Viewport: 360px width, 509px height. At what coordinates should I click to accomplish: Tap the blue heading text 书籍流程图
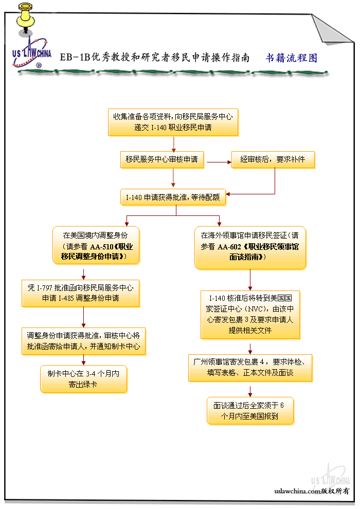pos(291,58)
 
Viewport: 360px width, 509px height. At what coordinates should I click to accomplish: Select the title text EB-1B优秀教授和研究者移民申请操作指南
pos(154,58)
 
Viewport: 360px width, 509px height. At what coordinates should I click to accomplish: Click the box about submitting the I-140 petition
pos(173,122)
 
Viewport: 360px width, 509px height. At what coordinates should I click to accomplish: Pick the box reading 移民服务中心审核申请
pos(161,159)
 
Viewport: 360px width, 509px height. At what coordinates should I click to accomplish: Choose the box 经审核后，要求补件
pos(273,159)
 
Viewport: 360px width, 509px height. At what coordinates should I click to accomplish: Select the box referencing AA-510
pos(96,245)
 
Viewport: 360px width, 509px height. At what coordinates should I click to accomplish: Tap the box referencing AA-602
pos(250,247)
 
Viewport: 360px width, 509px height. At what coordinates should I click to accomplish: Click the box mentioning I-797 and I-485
pos(80,293)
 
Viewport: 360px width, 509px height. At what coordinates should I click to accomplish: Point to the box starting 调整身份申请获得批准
pos(83,341)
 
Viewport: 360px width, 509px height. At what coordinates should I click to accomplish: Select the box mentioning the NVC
pos(250,314)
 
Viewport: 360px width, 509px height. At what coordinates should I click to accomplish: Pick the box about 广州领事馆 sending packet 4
pos(250,367)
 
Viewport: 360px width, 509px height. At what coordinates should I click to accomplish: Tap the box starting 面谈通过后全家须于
pos(250,410)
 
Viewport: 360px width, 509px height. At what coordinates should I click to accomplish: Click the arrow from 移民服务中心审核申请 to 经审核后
pos(218,162)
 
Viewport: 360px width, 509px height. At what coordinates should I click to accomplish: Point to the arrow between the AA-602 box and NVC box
pos(250,280)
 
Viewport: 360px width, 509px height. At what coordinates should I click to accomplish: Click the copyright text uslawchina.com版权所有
pos(312,490)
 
